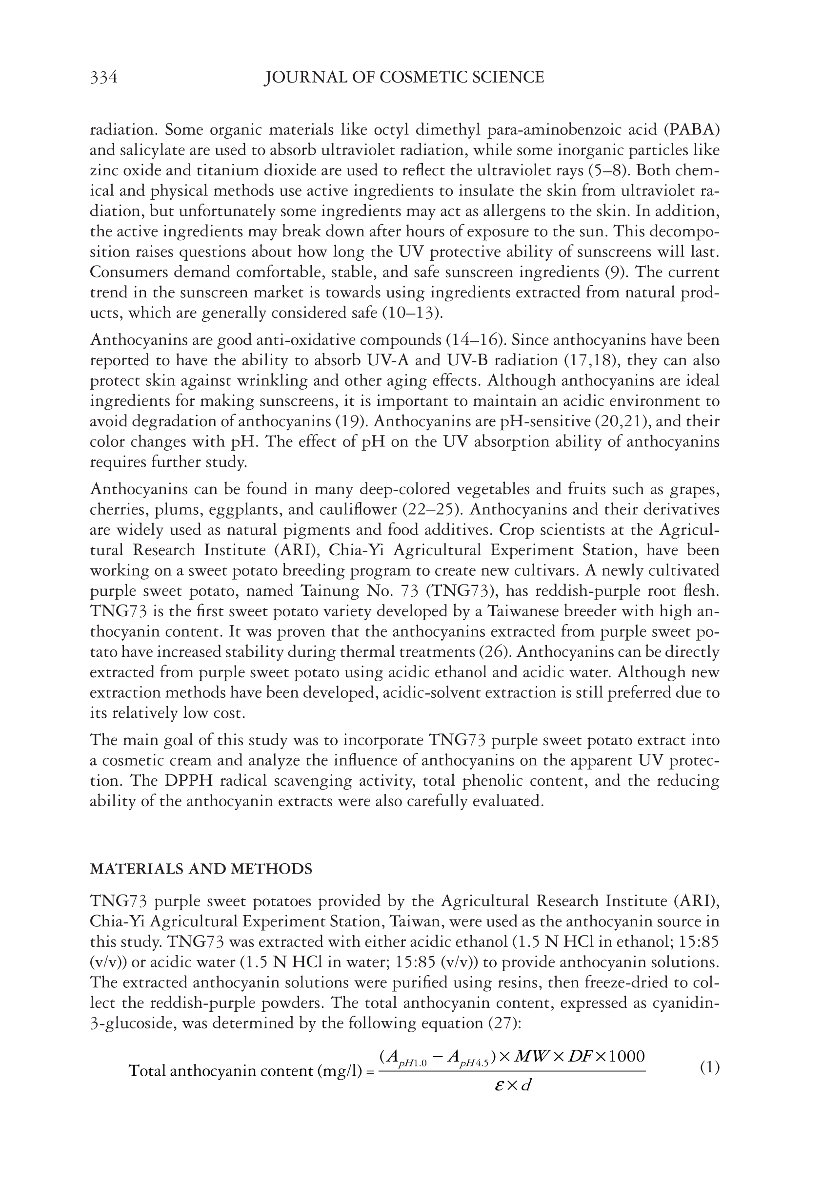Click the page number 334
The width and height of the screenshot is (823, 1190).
(103, 78)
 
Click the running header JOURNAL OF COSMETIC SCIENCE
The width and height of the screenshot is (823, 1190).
(404, 78)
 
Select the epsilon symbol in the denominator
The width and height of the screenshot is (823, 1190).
(498, 1085)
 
